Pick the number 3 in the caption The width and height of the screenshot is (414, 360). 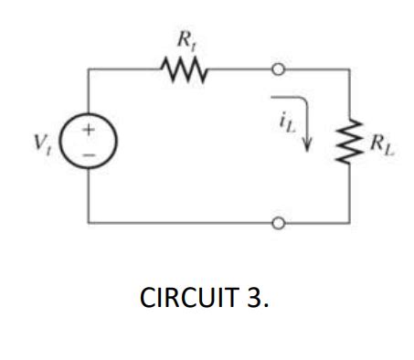pos(256,300)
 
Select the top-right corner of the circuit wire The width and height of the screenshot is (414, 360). pos(348,68)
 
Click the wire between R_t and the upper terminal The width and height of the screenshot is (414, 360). pos(238,68)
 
